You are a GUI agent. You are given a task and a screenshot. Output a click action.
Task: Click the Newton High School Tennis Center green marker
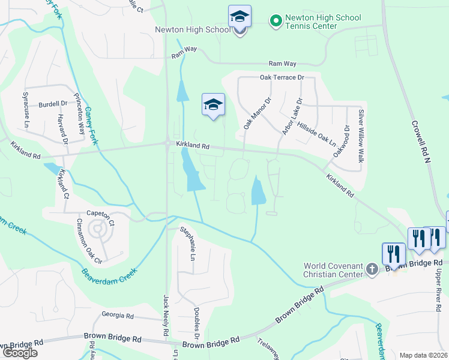(x=276, y=22)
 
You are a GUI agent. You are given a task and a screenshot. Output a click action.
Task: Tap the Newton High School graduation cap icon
(x=240, y=17)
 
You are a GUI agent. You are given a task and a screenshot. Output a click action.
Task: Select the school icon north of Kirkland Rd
(x=213, y=106)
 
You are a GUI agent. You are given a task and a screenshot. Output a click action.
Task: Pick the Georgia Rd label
(x=118, y=315)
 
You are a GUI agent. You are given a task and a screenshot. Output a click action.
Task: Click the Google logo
(x=20, y=352)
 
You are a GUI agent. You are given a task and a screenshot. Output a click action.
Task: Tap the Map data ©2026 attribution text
(x=423, y=355)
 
